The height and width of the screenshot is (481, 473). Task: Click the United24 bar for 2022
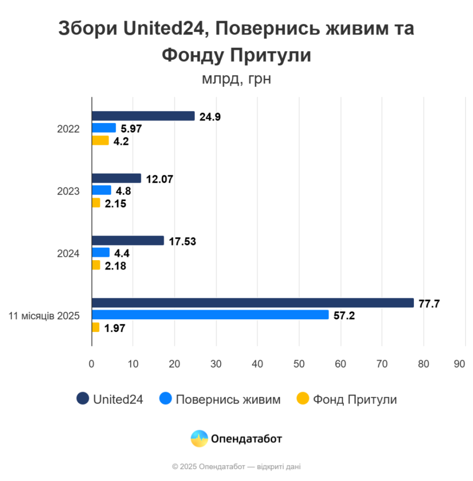click(143, 116)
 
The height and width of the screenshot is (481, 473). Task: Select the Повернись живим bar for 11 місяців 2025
click(210, 315)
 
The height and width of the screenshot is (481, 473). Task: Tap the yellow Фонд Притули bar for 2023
click(96, 203)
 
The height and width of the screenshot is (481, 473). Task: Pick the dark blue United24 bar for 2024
click(128, 241)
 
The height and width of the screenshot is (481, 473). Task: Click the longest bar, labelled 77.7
click(253, 303)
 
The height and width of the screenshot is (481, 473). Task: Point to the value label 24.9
click(210, 116)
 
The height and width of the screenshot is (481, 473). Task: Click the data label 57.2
click(344, 316)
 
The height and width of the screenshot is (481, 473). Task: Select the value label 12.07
click(159, 178)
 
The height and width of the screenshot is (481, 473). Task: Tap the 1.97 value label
click(115, 328)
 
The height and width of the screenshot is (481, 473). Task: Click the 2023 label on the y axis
click(68, 191)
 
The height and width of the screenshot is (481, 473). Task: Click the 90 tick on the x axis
click(459, 364)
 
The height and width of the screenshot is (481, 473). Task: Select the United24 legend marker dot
click(82, 399)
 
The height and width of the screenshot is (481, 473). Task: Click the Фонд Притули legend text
click(355, 400)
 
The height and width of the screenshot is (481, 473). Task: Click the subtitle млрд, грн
click(236, 79)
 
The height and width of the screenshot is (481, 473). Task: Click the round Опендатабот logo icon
click(199, 439)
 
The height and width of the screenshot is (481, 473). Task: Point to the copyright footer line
click(236, 467)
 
